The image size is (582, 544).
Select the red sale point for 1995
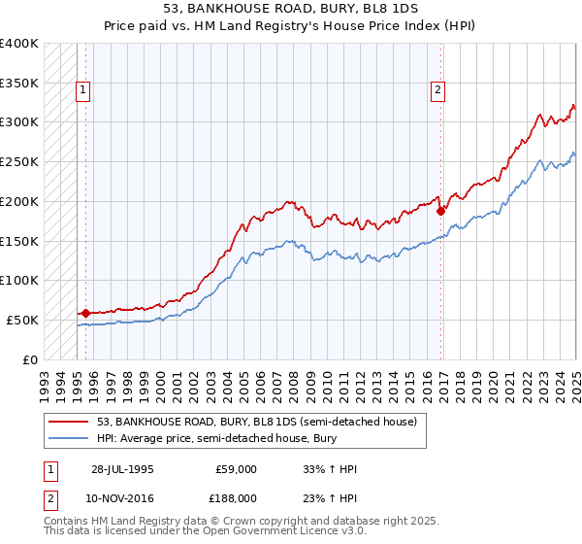pos(85,313)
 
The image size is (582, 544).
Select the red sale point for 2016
pos(440,210)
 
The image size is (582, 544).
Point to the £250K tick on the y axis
pos(19,162)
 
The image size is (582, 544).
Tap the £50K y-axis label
pos(22,320)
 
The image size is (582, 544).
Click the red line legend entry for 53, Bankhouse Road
pos(256,422)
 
